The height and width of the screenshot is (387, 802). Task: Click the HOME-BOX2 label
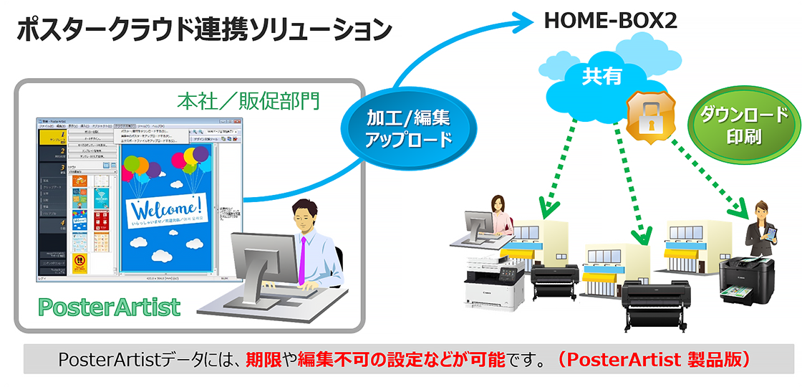coord(611,21)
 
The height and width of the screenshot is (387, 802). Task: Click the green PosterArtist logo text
coord(109,307)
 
